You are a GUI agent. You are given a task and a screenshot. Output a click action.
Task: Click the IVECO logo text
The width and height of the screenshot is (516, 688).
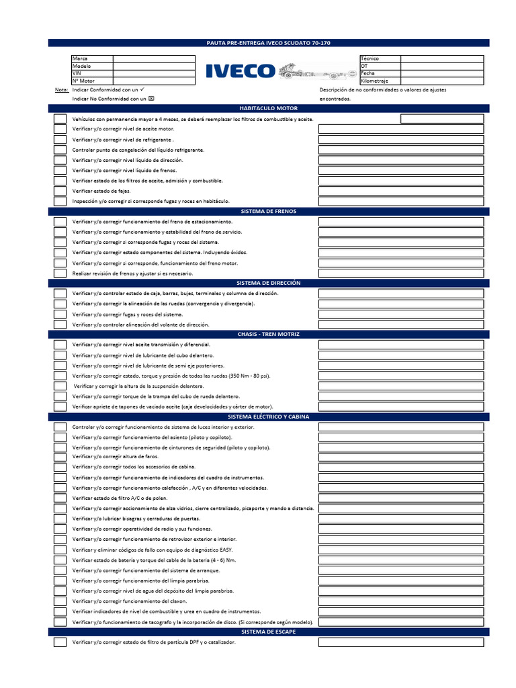click(x=240, y=71)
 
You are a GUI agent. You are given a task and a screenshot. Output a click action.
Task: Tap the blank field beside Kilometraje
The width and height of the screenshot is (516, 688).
click(x=441, y=81)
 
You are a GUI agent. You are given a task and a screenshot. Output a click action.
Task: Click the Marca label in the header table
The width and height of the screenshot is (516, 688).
click(x=80, y=58)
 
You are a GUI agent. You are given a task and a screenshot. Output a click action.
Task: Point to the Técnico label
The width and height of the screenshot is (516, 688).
click(x=370, y=58)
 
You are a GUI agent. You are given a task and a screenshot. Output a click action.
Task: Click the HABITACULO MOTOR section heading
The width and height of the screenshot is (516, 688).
click(x=268, y=108)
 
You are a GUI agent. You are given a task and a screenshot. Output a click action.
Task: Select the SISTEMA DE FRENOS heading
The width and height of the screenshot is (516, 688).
click(x=268, y=211)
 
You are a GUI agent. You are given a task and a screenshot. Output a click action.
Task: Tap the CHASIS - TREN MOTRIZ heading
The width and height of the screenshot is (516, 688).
click(x=268, y=334)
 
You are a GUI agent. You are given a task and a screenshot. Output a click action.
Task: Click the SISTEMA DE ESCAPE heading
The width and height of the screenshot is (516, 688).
click(x=268, y=632)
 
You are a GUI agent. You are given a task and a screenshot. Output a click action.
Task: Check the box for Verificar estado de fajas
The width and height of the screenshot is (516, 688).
click(x=60, y=191)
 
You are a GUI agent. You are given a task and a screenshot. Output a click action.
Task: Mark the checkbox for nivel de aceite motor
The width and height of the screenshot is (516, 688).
click(x=60, y=129)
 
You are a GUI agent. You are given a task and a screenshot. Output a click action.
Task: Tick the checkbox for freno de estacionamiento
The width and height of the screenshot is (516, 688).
click(x=60, y=222)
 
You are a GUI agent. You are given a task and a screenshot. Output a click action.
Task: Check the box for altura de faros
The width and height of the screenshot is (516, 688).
click(x=60, y=457)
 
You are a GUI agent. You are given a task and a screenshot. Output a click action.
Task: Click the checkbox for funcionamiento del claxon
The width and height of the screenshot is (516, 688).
click(x=60, y=601)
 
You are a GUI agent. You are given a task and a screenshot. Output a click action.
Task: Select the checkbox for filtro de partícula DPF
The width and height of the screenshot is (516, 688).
click(x=60, y=642)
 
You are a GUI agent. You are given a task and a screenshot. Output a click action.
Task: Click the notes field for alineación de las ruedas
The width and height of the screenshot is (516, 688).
click(x=400, y=304)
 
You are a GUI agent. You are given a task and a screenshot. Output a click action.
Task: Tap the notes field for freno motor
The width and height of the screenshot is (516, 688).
click(x=400, y=263)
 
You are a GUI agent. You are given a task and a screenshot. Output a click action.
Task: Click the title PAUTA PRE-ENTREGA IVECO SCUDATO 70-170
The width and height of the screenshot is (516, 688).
click(x=268, y=43)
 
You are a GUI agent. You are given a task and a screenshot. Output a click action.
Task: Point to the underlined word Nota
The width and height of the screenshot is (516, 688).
click(x=61, y=89)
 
